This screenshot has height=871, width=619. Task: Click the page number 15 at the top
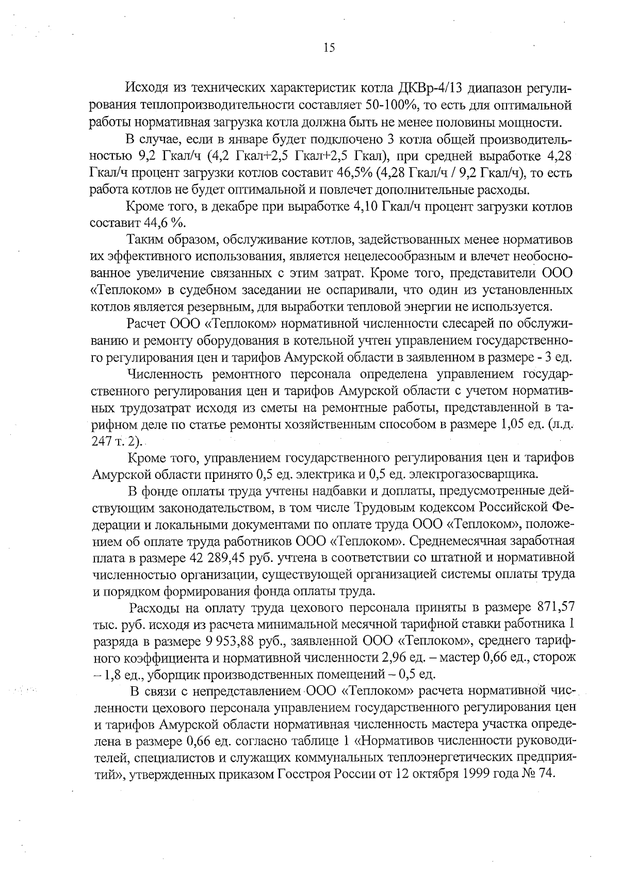tap(329, 48)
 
